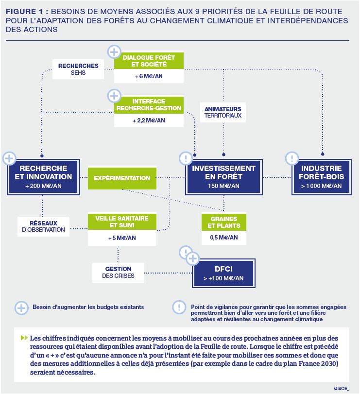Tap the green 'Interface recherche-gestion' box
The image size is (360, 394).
click(149, 104)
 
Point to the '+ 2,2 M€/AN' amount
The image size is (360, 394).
click(149, 120)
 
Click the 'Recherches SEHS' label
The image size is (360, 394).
click(78, 69)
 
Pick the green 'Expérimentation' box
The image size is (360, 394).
click(122, 178)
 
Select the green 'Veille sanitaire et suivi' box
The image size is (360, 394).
click(122, 222)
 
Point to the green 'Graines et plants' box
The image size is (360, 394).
click(223, 222)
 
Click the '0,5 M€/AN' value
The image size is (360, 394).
click(223, 238)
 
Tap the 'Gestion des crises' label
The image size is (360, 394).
click(118, 272)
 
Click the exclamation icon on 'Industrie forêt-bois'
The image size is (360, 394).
click(291, 158)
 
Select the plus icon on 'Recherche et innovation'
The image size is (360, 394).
click(9, 158)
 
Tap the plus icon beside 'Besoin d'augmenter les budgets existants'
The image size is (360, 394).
click(21, 307)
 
